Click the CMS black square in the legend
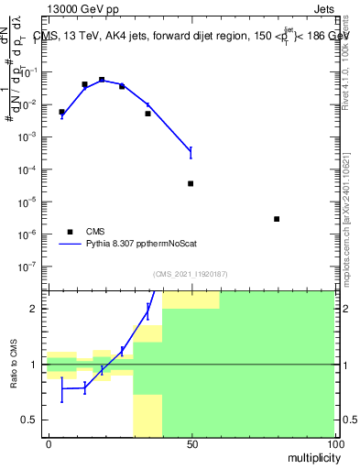[x=71, y=231]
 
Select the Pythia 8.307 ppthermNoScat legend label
[x=146, y=245]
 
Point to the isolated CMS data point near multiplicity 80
[x=277, y=219]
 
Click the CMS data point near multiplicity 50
[x=191, y=183]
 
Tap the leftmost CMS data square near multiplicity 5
[x=61, y=112]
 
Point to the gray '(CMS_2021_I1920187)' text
[x=191, y=273]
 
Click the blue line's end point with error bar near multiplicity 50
[x=191, y=150]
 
